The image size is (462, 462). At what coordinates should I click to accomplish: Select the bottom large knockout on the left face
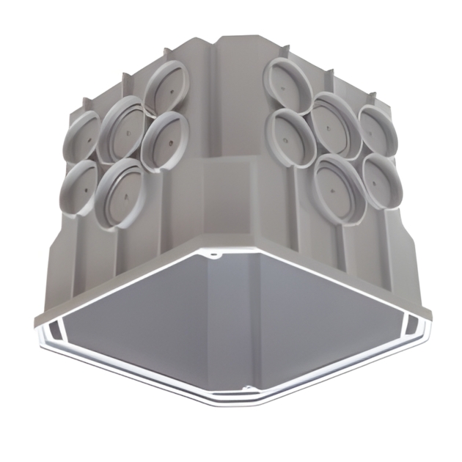tap(125, 191)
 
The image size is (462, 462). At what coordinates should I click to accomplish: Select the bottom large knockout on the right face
tap(338, 186)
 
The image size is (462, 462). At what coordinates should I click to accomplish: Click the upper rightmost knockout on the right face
tap(378, 133)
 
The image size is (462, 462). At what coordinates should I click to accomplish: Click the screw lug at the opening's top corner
tap(213, 257)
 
